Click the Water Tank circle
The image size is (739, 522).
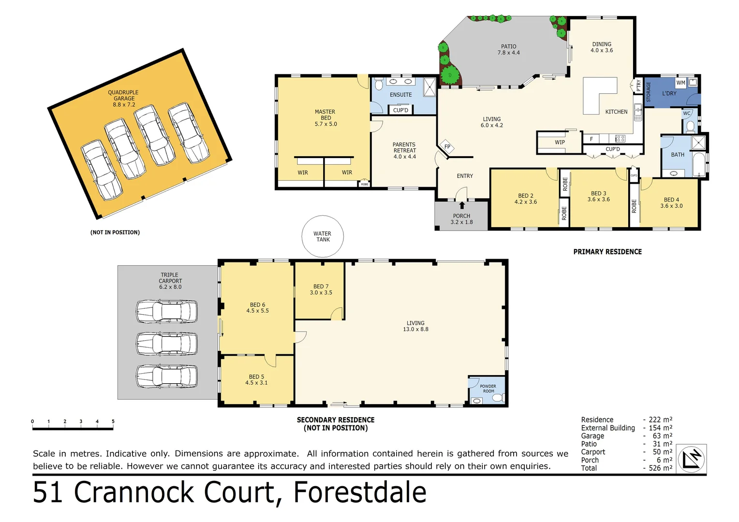[x=323, y=236]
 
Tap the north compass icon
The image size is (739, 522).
[x=691, y=459]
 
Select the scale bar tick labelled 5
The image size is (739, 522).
[x=113, y=422]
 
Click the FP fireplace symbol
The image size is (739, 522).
[x=447, y=147]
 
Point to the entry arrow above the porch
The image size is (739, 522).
[x=462, y=205]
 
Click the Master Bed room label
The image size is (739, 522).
[x=325, y=117]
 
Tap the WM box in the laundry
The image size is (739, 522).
[x=680, y=83]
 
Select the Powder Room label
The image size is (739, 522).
[x=488, y=389]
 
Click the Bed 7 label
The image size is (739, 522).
[x=321, y=290]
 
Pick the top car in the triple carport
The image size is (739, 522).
[x=167, y=311]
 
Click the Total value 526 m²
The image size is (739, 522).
[x=660, y=468]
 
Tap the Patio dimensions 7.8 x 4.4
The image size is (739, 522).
[x=508, y=53]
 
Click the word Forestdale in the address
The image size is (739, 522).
[x=360, y=493]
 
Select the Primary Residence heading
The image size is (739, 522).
[x=607, y=252]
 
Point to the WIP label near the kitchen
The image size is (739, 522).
[x=560, y=143]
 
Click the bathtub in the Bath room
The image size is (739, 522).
[x=698, y=165]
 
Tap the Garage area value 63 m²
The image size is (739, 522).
[x=662, y=436]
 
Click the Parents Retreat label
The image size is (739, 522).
[x=404, y=150]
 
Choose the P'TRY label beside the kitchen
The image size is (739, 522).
[x=638, y=86]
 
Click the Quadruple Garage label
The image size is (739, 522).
[x=123, y=98]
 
